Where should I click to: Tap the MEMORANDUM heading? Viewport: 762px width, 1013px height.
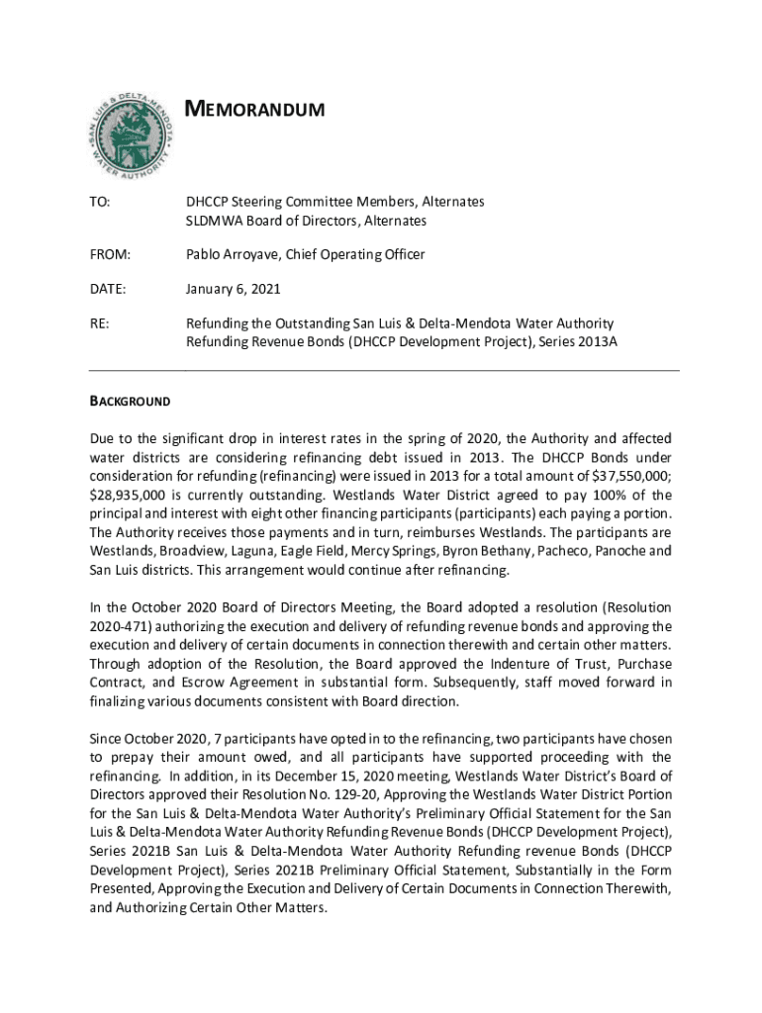point(255,109)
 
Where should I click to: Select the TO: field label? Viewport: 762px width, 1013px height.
point(99,202)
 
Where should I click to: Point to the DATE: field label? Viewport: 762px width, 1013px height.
point(108,290)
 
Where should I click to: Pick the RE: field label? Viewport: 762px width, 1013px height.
point(98,323)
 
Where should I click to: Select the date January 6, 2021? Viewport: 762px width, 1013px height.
point(234,290)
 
